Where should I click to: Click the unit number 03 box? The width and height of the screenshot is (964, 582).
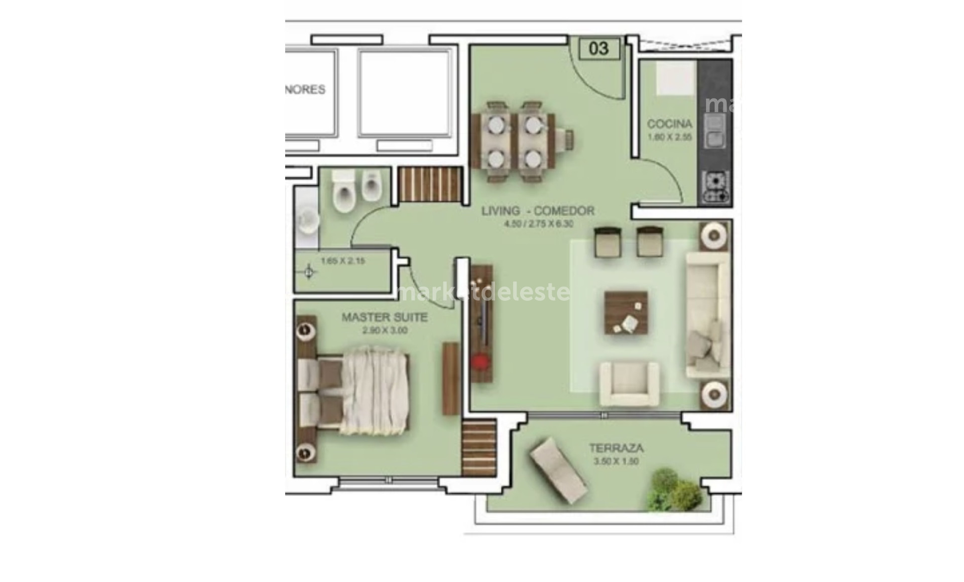pos(599,49)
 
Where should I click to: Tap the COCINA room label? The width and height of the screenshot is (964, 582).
pos(669,124)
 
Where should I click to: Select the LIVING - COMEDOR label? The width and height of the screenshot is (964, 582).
pos(538,211)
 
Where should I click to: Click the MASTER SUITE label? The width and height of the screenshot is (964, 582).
pos(385,317)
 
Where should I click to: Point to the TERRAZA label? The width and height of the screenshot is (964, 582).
pos(616,448)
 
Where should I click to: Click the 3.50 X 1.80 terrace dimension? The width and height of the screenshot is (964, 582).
pos(616,461)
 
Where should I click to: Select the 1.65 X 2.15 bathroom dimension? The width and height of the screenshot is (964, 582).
pos(342,261)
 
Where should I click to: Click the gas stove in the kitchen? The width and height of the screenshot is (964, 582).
pos(715,187)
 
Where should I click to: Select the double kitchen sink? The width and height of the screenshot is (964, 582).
pos(715,131)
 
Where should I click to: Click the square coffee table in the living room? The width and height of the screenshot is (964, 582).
pos(626,313)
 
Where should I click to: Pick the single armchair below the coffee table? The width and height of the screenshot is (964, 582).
pos(629,384)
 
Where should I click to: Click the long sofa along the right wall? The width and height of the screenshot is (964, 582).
pos(708,315)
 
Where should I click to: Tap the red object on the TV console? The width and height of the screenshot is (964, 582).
pos(480,361)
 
